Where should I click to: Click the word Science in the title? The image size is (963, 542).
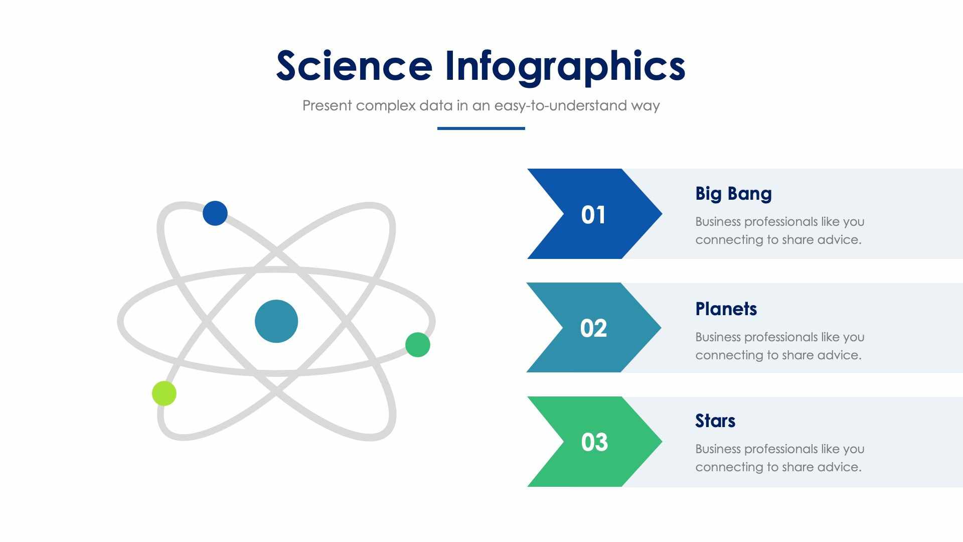tap(354, 66)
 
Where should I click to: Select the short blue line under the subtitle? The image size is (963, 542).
tap(481, 128)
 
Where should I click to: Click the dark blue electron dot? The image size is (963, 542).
tap(215, 213)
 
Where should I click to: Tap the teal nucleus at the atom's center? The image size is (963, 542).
tap(276, 321)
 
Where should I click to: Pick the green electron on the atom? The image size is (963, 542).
tap(417, 345)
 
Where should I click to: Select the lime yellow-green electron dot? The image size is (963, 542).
tap(164, 393)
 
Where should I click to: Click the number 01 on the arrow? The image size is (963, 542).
tap(593, 215)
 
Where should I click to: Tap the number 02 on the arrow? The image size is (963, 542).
tap(593, 328)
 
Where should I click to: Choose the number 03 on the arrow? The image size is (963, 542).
tap(594, 442)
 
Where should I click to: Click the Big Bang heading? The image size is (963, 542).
tap(733, 194)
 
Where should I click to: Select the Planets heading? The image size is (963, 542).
tap(726, 309)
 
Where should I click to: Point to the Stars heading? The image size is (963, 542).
tap(715, 421)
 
